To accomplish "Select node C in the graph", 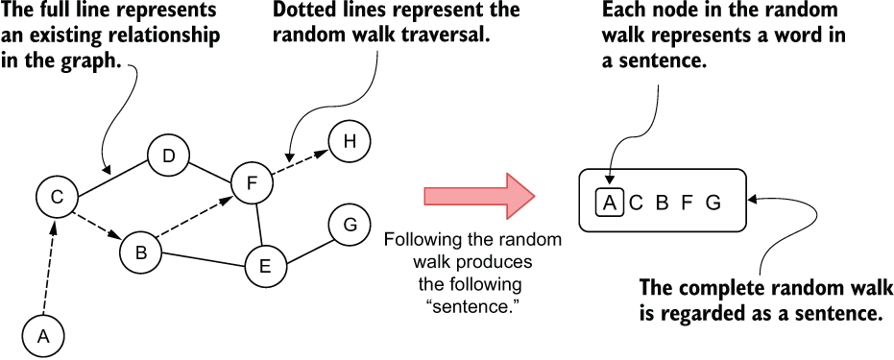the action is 57,197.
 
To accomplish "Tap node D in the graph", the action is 168,156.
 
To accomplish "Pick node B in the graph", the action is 141,252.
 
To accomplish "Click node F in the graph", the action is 252,182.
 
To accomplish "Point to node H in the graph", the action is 350,141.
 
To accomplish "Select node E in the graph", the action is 266,266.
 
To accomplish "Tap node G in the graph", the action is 350,225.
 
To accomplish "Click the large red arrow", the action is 479,196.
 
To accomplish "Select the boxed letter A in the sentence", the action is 610,203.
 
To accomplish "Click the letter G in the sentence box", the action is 713,203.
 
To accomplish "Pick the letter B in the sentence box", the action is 662,203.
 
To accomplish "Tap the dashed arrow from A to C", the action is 49,267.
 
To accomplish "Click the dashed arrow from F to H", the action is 300,162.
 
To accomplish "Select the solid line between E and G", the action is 308,251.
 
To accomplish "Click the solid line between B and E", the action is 204,259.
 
